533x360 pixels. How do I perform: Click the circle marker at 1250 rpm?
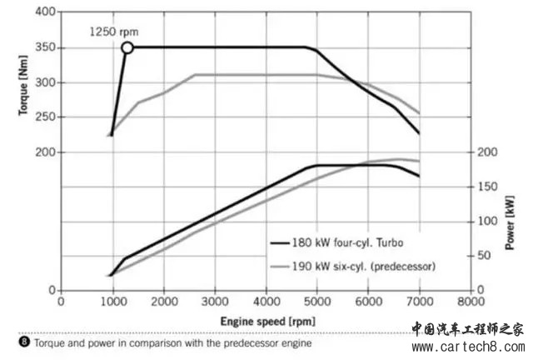[x=127, y=47]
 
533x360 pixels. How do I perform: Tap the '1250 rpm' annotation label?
[x=113, y=32]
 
